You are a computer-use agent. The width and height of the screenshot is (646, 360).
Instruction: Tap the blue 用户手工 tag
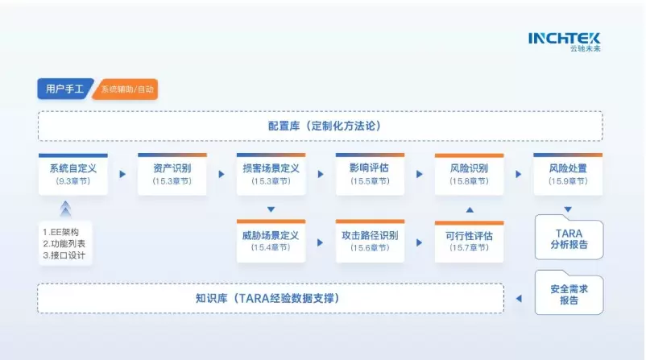pyautogui.click(x=64, y=89)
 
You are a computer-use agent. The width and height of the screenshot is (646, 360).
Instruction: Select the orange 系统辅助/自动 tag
pyautogui.click(x=126, y=89)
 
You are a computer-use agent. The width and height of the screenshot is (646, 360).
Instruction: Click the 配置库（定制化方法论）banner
pyautogui.click(x=321, y=126)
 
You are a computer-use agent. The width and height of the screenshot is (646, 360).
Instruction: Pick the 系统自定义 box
pyautogui.click(x=72, y=174)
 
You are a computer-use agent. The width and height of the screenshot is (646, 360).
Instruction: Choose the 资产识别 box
pyautogui.click(x=172, y=174)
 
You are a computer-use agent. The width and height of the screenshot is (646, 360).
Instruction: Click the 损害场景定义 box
pyautogui.click(x=271, y=174)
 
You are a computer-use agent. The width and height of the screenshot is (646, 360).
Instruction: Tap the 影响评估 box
pyautogui.click(x=370, y=174)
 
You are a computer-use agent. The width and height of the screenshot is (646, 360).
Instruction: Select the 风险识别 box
pyautogui.click(x=469, y=174)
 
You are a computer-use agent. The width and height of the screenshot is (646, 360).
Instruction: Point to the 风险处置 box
pyautogui.click(x=568, y=174)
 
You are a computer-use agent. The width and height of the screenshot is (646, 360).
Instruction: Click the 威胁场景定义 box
pyautogui.click(x=271, y=241)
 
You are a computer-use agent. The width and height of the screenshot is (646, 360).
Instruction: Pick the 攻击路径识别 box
pyautogui.click(x=370, y=241)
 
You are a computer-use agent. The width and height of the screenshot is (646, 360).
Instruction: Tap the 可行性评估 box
pyautogui.click(x=469, y=241)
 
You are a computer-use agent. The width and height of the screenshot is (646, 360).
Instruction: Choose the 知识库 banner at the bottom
pyautogui.click(x=271, y=298)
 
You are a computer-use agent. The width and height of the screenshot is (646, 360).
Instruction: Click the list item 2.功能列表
pyautogui.click(x=64, y=244)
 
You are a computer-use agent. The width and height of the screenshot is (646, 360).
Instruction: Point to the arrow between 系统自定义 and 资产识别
pyautogui.click(x=122, y=174)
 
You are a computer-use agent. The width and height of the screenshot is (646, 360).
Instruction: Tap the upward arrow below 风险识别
pyautogui.click(x=470, y=209)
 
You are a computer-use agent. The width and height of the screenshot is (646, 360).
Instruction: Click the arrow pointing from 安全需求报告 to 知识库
pyautogui.click(x=519, y=299)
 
